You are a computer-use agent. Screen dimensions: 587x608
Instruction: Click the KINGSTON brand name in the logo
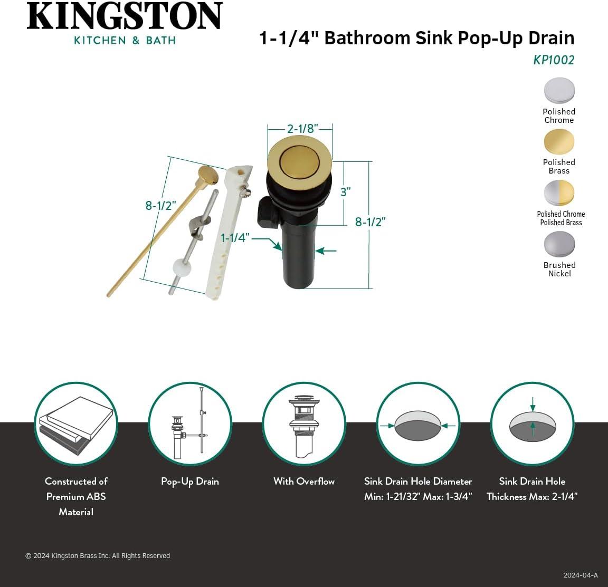(x=125, y=16)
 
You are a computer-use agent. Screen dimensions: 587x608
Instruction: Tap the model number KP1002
(x=553, y=60)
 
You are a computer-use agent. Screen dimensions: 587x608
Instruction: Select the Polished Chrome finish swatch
(x=559, y=91)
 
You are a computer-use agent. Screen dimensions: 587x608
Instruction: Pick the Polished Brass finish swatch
(x=559, y=141)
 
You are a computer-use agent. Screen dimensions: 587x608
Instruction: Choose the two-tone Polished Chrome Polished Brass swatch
(x=559, y=193)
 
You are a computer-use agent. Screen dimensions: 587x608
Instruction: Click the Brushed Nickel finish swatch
(x=559, y=244)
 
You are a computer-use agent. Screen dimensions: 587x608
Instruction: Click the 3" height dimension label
(x=346, y=192)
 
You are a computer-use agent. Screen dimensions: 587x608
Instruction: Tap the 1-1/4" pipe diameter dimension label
(x=235, y=238)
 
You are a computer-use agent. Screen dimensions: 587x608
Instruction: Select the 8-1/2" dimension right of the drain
(x=370, y=222)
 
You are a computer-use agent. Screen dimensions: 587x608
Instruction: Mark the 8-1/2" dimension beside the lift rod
(x=160, y=206)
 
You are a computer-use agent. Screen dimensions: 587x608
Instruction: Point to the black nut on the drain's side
(x=268, y=213)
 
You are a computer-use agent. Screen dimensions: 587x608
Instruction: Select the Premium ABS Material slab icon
(x=76, y=424)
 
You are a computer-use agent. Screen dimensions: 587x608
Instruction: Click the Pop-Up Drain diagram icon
(x=189, y=424)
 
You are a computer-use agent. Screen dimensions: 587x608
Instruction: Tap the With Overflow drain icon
(x=304, y=424)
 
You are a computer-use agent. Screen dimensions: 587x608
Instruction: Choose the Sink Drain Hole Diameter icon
(x=418, y=424)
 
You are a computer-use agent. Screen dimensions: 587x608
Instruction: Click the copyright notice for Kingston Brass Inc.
(x=98, y=555)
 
